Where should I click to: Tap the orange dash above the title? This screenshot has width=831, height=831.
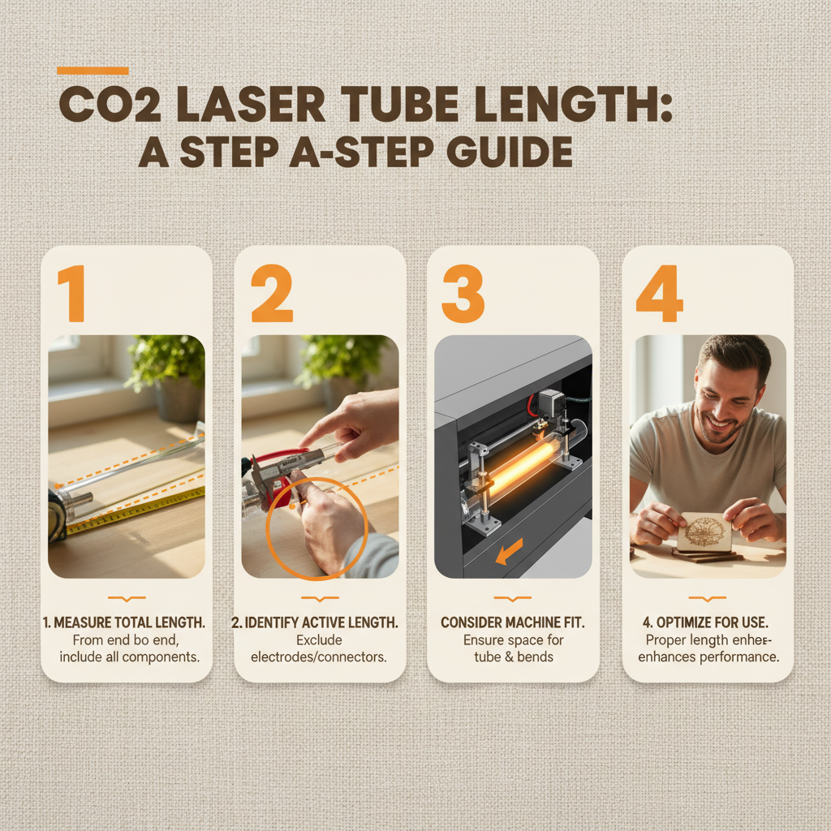pos(93,71)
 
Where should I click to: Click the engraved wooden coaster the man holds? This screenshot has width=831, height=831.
pos(705,532)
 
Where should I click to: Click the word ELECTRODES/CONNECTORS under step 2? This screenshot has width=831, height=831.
pos(320,657)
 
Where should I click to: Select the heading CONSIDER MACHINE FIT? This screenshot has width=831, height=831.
pos(513,622)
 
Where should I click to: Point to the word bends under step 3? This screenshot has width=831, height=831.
pos(536,657)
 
